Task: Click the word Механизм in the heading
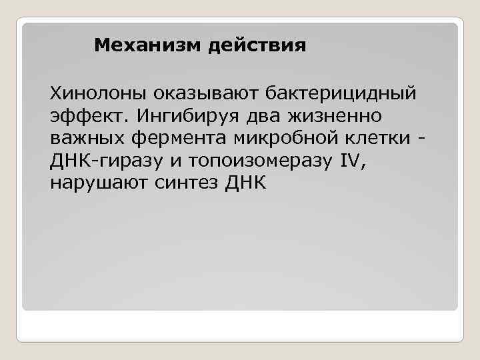pyautogui.click(x=139, y=46)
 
